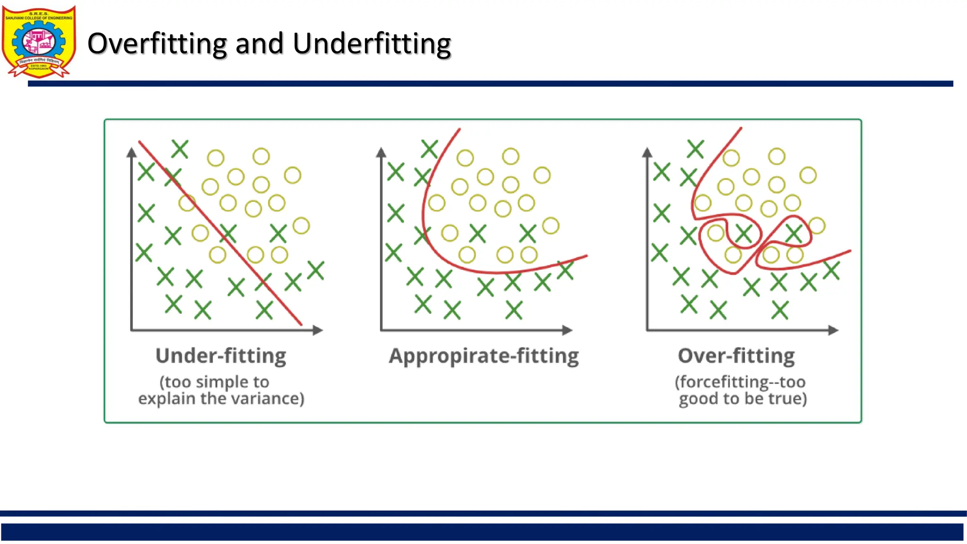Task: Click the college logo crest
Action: coord(39,42)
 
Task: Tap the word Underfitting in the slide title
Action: coord(372,44)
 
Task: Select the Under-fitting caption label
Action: coord(221,356)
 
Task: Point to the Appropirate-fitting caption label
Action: coord(483,356)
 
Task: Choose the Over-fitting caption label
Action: coord(736,356)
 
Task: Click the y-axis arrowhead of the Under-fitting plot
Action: coord(132,152)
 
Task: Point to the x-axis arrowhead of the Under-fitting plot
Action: coord(318,330)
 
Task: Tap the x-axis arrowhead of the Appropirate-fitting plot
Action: coord(568,330)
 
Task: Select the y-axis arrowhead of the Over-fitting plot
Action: coord(647,152)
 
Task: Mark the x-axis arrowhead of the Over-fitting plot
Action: coord(834,330)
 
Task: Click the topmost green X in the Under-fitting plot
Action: coord(180,149)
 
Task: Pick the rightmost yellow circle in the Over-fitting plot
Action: coord(817,226)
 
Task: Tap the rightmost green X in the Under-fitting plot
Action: coord(316,271)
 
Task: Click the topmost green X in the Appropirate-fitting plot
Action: coord(429,149)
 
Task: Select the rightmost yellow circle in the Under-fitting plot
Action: coord(301,226)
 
